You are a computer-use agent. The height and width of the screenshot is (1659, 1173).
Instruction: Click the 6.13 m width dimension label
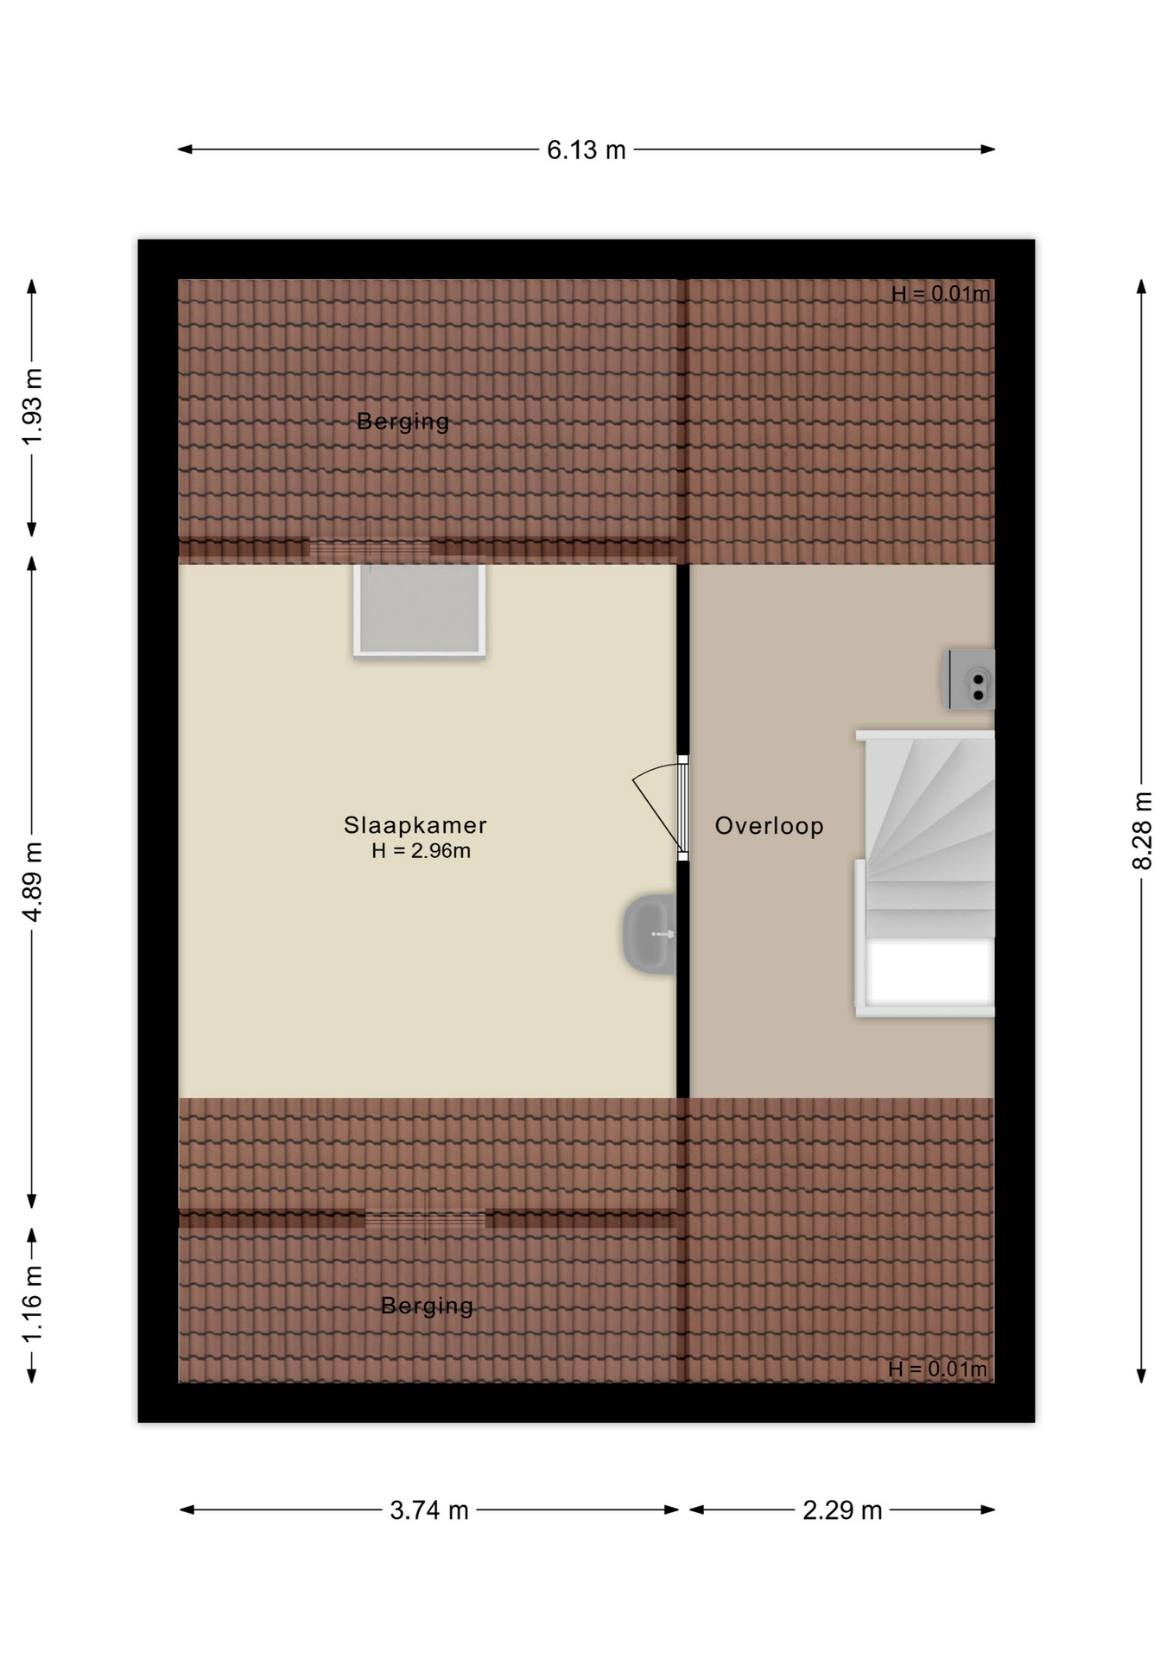[x=586, y=150]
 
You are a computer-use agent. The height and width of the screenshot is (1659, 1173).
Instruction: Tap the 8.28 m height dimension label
[x=1142, y=830]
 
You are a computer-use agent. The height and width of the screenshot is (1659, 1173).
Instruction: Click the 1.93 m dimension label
[x=32, y=407]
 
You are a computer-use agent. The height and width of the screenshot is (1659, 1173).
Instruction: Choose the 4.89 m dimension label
[x=32, y=881]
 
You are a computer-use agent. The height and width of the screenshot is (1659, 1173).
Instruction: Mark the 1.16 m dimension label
[x=32, y=1305]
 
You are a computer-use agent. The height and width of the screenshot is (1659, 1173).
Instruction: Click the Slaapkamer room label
[x=415, y=825]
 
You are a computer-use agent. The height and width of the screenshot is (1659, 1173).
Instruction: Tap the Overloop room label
[x=769, y=826]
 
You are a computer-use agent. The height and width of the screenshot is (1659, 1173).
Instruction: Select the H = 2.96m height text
[x=422, y=851]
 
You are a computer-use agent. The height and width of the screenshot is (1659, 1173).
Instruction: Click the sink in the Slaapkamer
[x=650, y=934]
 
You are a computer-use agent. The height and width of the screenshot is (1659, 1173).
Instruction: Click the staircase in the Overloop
[x=925, y=873]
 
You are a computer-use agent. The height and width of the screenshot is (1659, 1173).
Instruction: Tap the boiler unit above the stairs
[x=968, y=679]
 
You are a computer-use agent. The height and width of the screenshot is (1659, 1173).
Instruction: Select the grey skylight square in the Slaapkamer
[x=420, y=611]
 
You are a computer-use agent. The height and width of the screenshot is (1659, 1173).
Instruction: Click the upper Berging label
[x=403, y=422]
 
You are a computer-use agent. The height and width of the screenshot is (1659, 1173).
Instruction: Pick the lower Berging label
[x=428, y=1306]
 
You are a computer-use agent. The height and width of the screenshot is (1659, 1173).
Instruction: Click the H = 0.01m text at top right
[x=941, y=294]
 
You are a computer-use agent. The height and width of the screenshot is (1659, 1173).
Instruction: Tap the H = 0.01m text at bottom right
[x=938, y=1369]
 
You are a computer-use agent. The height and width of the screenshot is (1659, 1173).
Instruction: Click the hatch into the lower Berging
[x=425, y=1219]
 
